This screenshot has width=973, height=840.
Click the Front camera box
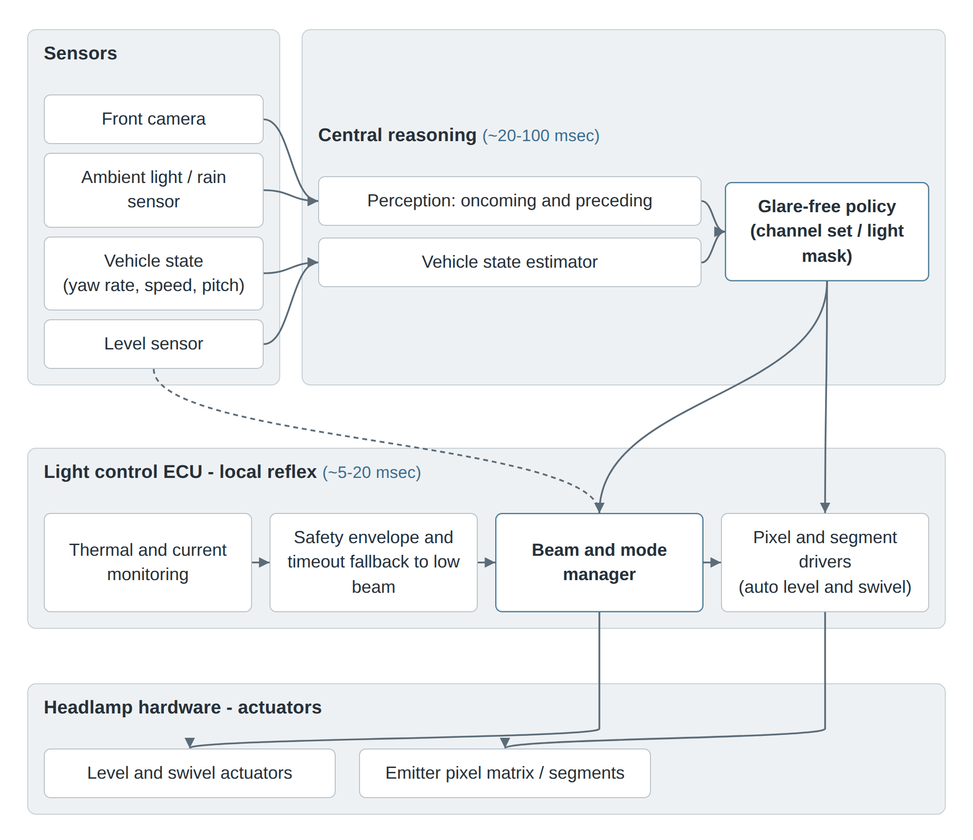154,119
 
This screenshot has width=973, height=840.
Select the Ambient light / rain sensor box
154,190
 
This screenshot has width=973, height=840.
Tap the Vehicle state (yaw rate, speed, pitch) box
154,273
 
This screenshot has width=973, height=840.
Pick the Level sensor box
154,344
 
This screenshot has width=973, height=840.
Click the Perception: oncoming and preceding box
509,201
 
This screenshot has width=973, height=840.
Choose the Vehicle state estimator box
509,262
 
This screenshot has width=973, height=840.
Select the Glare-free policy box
827,232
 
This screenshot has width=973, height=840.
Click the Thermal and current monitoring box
148,563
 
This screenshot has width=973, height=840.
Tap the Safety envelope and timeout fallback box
374,563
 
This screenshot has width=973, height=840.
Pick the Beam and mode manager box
599,563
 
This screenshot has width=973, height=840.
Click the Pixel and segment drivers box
825,563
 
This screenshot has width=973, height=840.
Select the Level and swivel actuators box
190,773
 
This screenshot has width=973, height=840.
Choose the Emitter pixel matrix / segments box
505,773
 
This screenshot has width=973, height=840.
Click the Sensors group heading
80,53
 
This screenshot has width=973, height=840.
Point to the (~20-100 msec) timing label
541,136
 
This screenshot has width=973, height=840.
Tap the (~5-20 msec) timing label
372,473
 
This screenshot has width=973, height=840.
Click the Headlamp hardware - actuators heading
182,707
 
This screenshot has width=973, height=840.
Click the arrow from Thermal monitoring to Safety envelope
261,563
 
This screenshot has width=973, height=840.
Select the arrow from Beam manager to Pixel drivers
712,563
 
